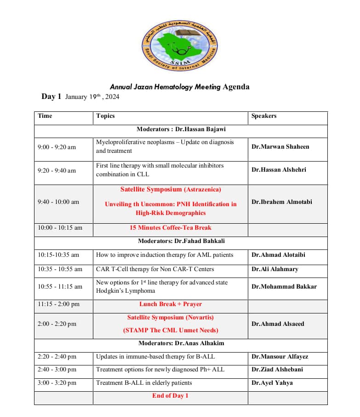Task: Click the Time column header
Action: click(45, 116)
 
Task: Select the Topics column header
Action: click(105, 116)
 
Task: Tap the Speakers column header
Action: click(264, 116)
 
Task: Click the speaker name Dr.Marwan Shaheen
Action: click(280, 146)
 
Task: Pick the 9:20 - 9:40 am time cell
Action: click(57, 170)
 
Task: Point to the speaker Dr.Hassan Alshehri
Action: click(279, 169)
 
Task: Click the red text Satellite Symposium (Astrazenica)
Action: click(171, 189)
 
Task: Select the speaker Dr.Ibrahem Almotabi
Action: click(281, 202)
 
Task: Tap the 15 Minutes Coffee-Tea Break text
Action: click(171, 227)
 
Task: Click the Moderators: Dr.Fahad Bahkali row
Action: click(181, 241)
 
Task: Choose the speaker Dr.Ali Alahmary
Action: click(274, 269)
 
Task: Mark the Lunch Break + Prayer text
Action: click(171, 304)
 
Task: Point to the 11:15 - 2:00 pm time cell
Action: click(58, 304)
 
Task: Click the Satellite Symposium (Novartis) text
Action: click(171, 317)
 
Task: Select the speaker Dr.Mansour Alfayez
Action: click(280, 356)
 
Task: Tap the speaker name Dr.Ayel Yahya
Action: click(272, 382)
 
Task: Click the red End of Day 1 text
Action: click(170, 395)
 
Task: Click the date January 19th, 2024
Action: click(92, 97)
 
